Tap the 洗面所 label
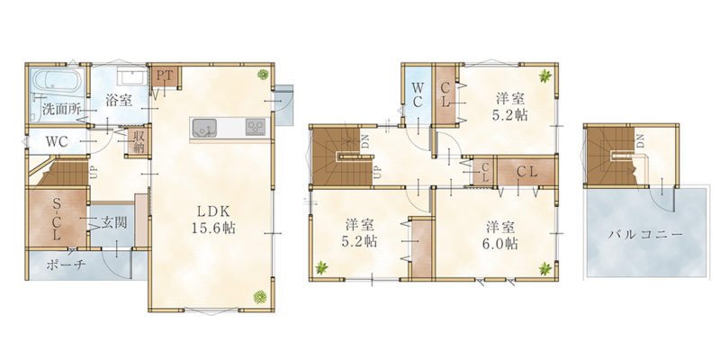[x=61, y=109]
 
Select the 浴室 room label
[x=119, y=101]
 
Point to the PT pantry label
[x=166, y=75]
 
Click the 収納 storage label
[x=139, y=141]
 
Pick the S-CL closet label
[x=56, y=220]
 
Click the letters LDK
[x=213, y=211]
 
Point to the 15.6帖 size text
[x=213, y=229]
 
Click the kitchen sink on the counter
[x=204, y=127]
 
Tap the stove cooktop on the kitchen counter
[x=256, y=127]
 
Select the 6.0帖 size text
[x=500, y=243]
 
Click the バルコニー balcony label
[x=645, y=235]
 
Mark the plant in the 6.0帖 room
[x=545, y=268]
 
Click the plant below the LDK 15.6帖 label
[x=260, y=297]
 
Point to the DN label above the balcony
[x=640, y=140]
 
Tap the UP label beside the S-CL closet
[x=94, y=173]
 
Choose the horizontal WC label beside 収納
[x=57, y=142]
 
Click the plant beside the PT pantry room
[x=263, y=74]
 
